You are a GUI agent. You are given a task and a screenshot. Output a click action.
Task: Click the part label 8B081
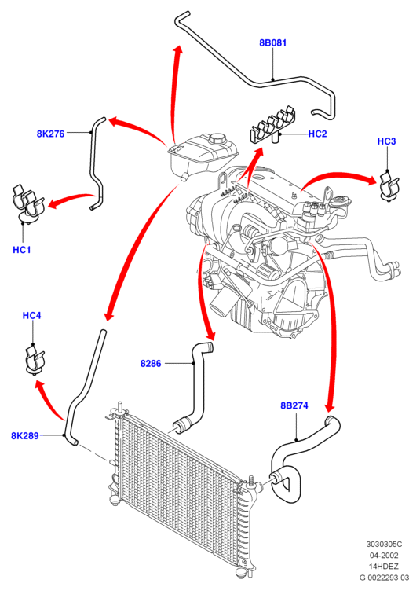272,42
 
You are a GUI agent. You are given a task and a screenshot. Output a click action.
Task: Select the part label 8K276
50,134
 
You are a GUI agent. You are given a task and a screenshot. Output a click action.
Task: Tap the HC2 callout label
317,134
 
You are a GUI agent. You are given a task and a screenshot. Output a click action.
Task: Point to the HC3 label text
386,141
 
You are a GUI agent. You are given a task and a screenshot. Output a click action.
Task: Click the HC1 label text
21,250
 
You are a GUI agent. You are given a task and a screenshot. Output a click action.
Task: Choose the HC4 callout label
31,316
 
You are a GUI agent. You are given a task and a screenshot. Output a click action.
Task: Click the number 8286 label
151,363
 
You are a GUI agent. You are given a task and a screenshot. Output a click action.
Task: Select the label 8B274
294,405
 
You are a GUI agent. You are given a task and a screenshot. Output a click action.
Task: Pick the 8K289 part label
24,435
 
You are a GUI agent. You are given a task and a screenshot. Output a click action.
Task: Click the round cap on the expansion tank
217,137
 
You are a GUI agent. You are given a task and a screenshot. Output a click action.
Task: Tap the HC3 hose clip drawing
388,186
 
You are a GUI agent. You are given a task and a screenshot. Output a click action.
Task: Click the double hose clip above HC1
27,203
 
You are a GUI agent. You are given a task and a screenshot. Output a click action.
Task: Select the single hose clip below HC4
35,359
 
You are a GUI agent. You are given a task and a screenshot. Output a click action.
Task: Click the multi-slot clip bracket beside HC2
272,124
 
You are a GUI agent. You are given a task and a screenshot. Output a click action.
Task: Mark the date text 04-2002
384,555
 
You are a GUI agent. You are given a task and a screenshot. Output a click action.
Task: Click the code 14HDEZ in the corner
384,566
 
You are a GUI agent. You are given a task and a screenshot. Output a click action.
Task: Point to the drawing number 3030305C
384,544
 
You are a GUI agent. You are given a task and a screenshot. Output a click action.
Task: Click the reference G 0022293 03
384,577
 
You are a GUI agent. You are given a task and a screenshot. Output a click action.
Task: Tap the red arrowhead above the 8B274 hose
330,407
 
